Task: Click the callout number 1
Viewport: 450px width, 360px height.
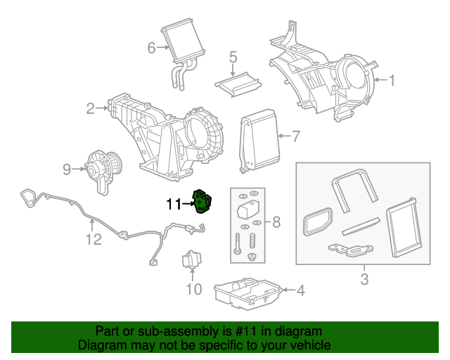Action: [392, 80]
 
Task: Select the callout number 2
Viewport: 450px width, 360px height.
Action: [90, 108]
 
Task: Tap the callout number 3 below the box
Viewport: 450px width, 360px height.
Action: [364, 281]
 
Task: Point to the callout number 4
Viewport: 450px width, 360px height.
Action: [300, 289]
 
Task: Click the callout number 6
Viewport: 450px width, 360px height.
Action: [150, 48]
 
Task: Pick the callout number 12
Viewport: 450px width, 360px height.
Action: [94, 239]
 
